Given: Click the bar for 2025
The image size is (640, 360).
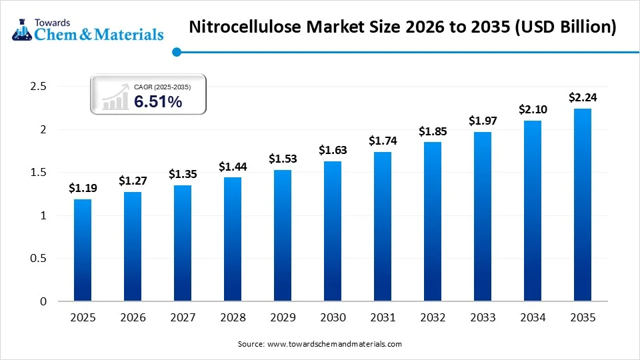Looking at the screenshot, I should (x=83, y=250).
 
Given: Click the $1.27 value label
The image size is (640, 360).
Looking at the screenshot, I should (x=133, y=181).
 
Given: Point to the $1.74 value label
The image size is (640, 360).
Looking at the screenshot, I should (x=383, y=141).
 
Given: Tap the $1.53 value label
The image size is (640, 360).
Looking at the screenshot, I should (x=283, y=159).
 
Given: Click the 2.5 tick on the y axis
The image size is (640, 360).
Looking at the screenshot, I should (x=39, y=87).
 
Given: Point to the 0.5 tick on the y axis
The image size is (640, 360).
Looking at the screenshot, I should (x=39, y=259).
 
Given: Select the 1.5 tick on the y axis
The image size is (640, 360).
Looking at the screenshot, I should (x=39, y=173).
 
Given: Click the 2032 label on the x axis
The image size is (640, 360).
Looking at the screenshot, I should (x=433, y=317).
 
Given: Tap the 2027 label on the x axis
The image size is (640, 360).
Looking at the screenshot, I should (x=183, y=317).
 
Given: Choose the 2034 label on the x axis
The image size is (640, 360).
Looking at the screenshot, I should (x=532, y=317).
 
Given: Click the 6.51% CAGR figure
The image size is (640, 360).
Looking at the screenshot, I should (x=158, y=101).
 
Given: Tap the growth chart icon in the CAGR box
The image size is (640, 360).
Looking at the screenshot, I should (x=114, y=97).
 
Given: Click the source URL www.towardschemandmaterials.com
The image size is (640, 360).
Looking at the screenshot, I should (x=334, y=344).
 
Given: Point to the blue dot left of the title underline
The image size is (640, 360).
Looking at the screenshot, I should (x=176, y=51).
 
